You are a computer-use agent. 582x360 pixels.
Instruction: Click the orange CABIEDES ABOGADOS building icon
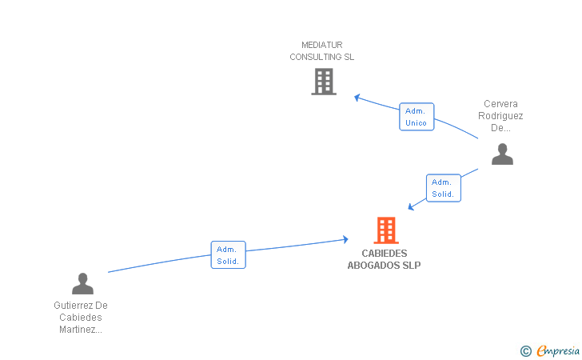pos(386,230)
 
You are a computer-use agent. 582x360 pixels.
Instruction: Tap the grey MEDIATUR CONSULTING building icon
pos(324,82)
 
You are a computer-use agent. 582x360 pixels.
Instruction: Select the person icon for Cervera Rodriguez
pos(502,154)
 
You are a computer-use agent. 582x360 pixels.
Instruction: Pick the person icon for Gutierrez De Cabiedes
pos(82,283)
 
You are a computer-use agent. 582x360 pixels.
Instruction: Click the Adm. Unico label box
pos(417,117)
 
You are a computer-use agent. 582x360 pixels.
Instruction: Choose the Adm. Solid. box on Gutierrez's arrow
pos(229,255)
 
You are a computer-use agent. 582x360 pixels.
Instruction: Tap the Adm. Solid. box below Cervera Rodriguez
pos(444,188)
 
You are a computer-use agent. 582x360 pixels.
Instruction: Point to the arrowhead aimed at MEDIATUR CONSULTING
pos(357,98)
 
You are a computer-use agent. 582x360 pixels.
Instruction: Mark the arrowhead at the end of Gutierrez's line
pos(345,239)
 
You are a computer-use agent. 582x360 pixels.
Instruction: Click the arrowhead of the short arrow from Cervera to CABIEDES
pos(411,207)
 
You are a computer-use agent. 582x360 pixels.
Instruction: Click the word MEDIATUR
pos(322,45)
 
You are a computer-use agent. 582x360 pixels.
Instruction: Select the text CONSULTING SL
pos(322,57)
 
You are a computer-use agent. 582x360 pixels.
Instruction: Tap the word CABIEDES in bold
pos(385,254)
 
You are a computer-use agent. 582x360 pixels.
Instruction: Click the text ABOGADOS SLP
pos(385,266)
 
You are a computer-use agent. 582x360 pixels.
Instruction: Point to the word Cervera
pos(500,104)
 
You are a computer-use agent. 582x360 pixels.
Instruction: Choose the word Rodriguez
pos(500,116)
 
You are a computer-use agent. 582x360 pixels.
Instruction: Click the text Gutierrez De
pos(81,306)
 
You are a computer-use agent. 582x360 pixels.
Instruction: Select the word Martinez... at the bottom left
pos(81,330)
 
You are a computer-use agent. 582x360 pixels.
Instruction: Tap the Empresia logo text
pos(558,350)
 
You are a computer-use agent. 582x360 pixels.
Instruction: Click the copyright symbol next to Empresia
pos(526,351)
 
